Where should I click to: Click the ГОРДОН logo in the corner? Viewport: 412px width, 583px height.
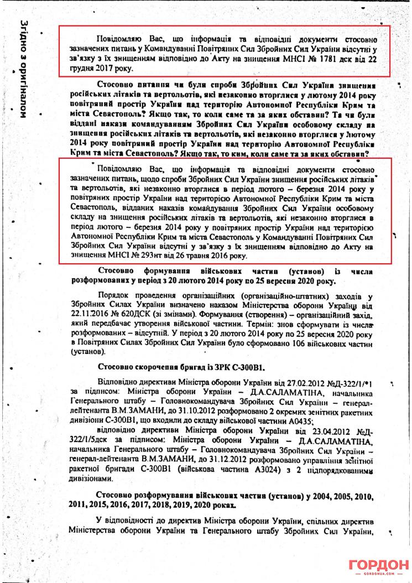coord(377,566)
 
